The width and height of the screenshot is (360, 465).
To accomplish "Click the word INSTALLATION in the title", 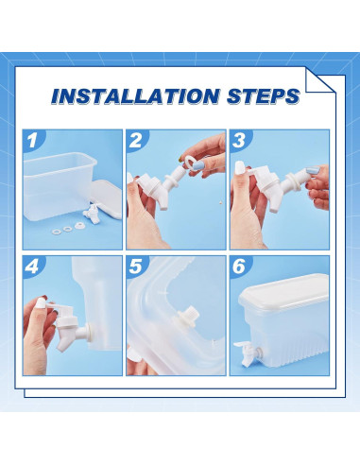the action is point(135,95).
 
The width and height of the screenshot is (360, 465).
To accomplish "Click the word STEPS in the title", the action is point(264,95).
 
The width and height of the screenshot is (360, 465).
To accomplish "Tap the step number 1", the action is point(32,140).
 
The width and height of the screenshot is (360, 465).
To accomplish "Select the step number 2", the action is point(135,140).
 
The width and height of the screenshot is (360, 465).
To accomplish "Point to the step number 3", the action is point(239,140).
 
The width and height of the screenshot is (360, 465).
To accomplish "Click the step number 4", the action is point(31,267).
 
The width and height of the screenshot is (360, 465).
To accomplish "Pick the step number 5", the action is point(135,267).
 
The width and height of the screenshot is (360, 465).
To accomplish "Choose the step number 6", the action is point(239,267).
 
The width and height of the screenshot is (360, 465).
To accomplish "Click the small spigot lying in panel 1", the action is point(92,214).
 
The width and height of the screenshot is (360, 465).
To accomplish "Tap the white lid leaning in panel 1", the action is point(106,198).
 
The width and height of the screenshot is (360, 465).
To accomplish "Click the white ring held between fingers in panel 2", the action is point(188,162).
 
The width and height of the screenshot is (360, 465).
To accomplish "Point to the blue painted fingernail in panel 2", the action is point(197,164).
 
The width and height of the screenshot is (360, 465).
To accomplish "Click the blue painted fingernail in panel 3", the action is point(312,171).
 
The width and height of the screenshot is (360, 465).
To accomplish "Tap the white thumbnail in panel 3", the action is point(240,165).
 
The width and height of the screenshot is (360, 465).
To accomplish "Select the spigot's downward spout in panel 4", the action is point(62,341).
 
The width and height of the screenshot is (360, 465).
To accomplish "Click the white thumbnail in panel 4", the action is point(41,303).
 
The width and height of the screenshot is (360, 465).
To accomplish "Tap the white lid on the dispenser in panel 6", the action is point(283,291).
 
